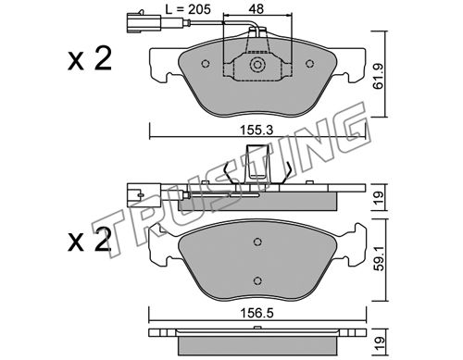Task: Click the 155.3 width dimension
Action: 257,130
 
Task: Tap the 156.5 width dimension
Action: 257,314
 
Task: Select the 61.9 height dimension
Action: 378,76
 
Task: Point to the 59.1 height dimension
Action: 379,258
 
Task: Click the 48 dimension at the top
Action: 257,8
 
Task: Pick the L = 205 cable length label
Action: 188,9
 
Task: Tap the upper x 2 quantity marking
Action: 90,59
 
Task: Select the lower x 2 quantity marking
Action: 90,240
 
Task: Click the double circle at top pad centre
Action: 257,65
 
